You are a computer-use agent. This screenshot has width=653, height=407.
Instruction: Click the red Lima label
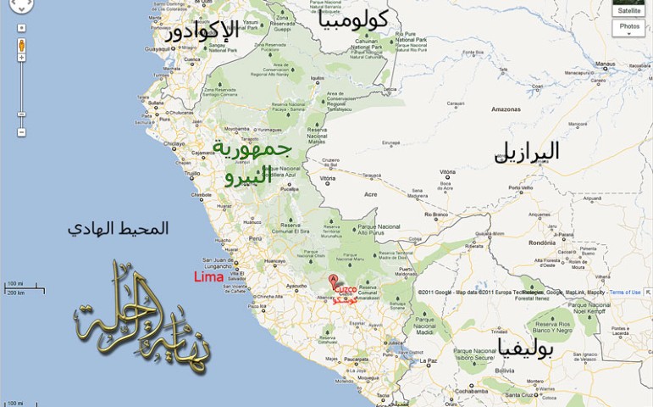(208, 276)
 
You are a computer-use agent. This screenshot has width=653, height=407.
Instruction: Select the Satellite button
(628, 10)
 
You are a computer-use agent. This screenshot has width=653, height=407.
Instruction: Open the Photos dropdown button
(628, 27)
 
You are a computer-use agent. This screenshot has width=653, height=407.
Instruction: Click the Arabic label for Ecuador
(201, 32)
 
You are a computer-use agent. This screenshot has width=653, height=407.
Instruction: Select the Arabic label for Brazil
(526, 152)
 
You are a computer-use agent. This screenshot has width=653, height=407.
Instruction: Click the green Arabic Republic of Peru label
(252, 162)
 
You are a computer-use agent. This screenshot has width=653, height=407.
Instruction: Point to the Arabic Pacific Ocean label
(118, 228)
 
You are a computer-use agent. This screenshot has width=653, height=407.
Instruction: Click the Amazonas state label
(506, 109)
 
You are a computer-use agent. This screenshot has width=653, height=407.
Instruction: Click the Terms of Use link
(625, 293)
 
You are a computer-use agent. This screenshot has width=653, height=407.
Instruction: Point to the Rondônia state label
(541, 242)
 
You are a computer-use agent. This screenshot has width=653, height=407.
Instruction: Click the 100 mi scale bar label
(14, 283)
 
